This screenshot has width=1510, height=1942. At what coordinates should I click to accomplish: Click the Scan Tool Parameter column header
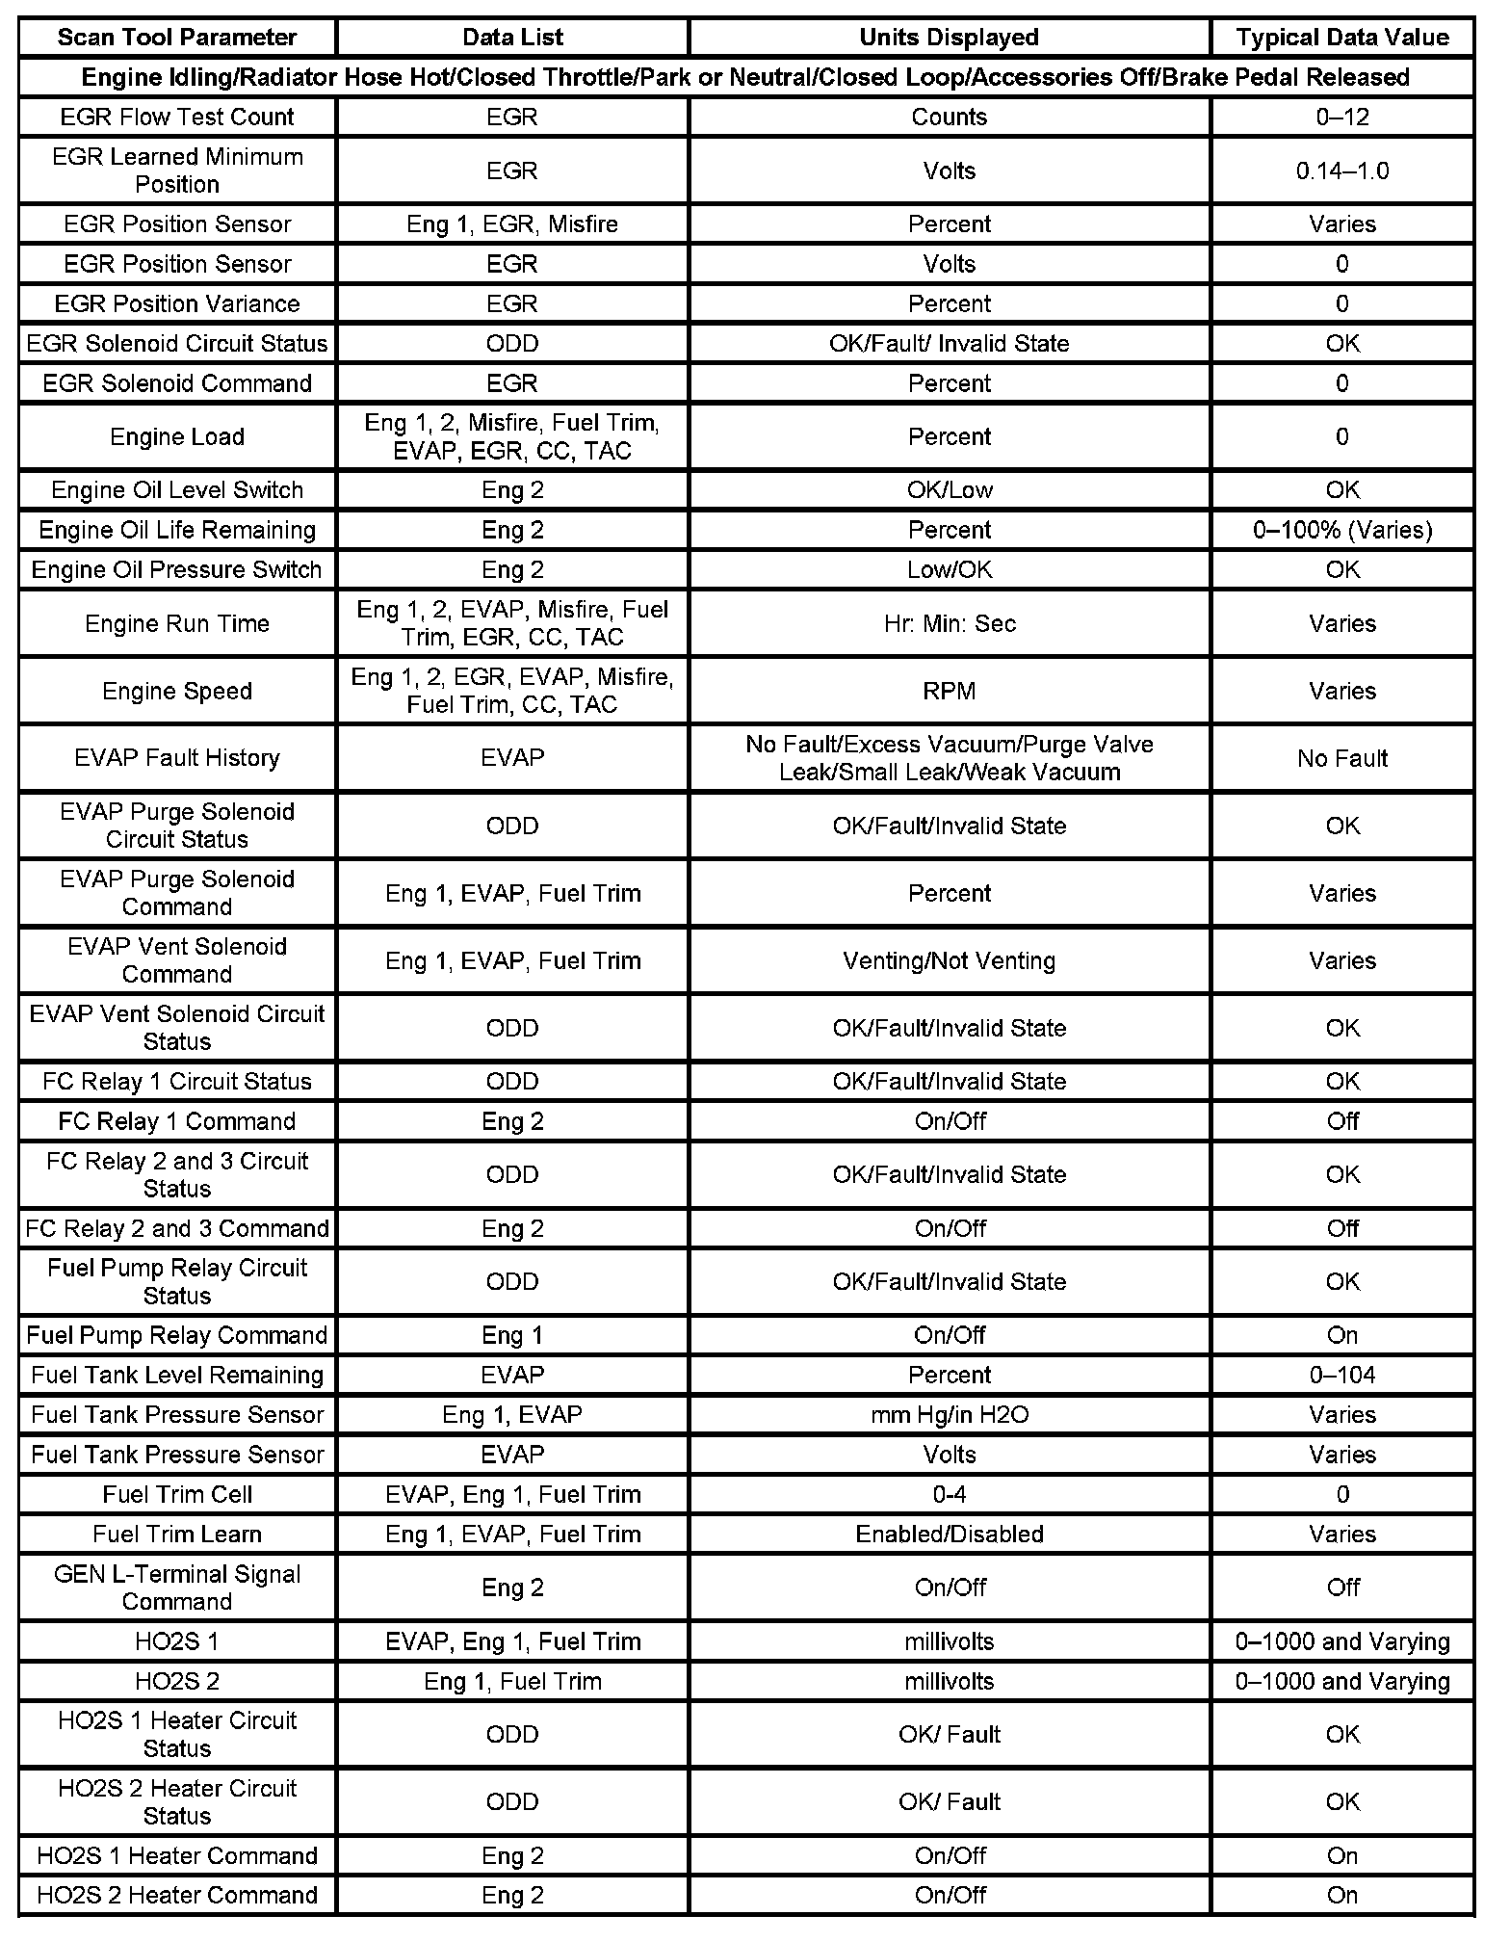tap(177, 38)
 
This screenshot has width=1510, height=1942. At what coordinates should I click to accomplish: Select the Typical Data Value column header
tap(1341, 38)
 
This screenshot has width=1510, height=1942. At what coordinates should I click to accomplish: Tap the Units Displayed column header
tap(949, 38)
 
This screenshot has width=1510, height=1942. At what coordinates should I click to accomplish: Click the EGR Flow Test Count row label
tap(177, 117)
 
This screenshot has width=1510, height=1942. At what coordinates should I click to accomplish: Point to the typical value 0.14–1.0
tap(1341, 171)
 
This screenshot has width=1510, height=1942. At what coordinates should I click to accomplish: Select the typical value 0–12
tap(1341, 117)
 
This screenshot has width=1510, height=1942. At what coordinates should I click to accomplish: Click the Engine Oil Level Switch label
tap(177, 489)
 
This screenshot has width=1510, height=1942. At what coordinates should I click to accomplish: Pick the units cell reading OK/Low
tap(949, 489)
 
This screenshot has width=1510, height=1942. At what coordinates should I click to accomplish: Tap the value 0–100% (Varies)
tap(1341, 530)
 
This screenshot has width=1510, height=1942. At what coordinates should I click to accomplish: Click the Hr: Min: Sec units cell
tap(949, 623)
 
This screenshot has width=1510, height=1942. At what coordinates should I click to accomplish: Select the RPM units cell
tap(949, 691)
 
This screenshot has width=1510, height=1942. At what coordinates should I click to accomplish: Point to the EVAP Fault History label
tap(177, 758)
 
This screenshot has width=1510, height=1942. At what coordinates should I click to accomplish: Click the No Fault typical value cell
tap(1341, 758)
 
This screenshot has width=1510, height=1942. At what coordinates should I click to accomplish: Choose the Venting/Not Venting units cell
tap(949, 960)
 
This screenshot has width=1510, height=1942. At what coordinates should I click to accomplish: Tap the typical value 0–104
tap(1341, 1375)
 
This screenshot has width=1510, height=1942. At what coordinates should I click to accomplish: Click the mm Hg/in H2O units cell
tap(949, 1414)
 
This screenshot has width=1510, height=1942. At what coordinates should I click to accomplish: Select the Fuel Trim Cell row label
tap(177, 1494)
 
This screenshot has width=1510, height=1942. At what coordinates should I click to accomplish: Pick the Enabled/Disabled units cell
tap(949, 1534)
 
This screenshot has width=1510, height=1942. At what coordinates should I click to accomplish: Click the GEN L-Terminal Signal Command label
tap(177, 1588)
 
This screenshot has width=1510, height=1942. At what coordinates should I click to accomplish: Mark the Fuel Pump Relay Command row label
tap(177, 1335)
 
